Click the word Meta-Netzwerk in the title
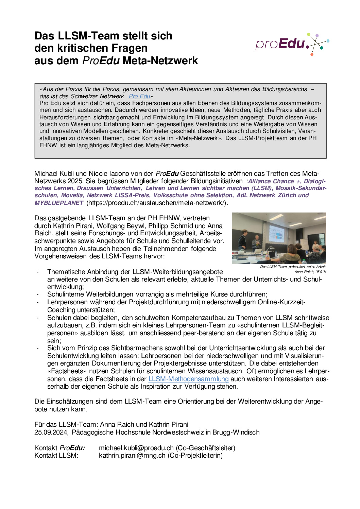[x=160, y=61]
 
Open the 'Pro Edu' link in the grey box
[x=139, y=96]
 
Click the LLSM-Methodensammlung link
[x=188, y=379]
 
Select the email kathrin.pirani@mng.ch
[x=132, y=455]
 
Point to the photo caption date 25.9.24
[x=321, y=272]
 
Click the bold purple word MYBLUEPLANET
[x=59, y=203]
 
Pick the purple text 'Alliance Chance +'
[x=274, y=181]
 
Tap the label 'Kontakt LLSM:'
[x=56, y=455]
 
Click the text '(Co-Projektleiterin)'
[x=195, y=455]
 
